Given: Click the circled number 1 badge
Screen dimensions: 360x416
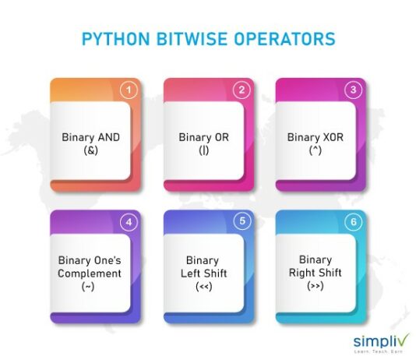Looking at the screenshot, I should click(x=131, y=90).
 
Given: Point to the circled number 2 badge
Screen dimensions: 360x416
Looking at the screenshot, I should click(x=242, y=90).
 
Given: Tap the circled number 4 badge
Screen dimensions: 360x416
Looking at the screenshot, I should click(x=131, y=222).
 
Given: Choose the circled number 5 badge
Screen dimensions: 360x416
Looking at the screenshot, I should click(x=242, y=222).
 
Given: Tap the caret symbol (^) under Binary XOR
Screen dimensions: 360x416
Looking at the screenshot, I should click(x=314, y=151).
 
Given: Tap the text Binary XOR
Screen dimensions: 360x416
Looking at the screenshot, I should click(x=314, y=138).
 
